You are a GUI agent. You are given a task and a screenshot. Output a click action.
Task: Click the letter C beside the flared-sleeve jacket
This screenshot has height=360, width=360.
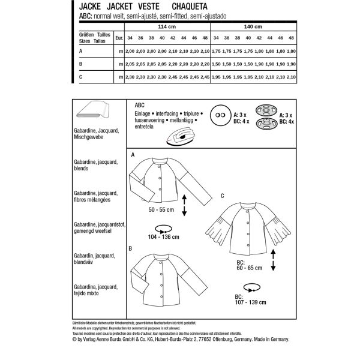222,196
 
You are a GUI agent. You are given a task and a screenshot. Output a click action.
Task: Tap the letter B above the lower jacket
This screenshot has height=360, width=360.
130,248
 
